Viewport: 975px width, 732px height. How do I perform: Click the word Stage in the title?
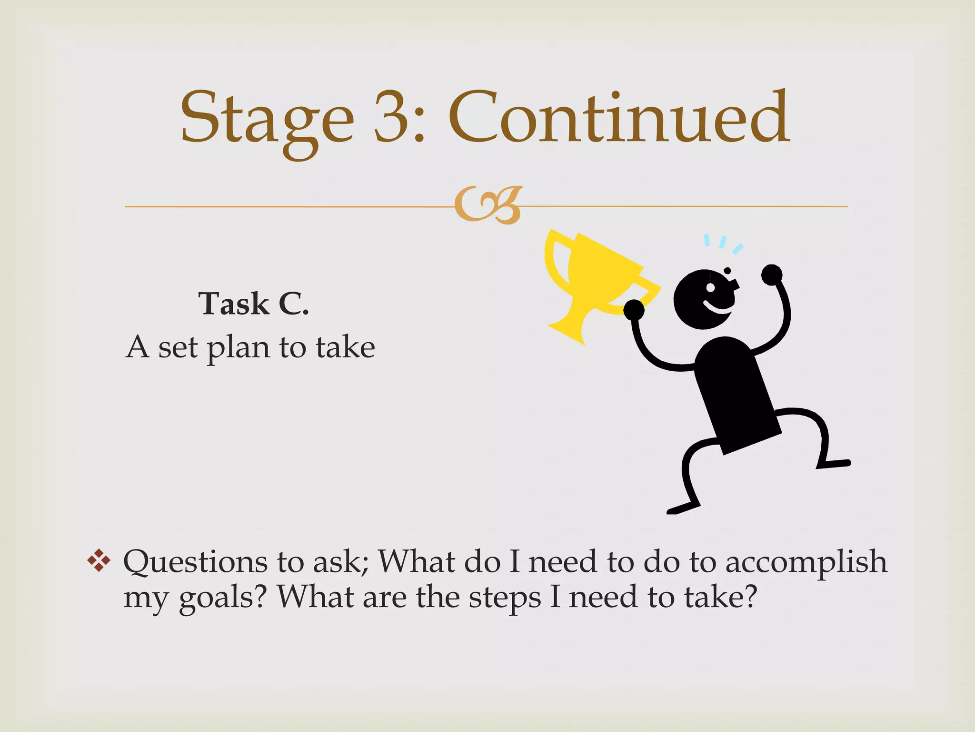pos(267,119)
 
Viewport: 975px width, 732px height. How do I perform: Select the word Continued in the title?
pos(619,117)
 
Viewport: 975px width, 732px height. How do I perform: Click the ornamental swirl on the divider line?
pos(488,205)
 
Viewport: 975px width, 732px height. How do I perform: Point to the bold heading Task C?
pos(253,304)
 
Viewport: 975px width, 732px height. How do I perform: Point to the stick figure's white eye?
pos(710,288)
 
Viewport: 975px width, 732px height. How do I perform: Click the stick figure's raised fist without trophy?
pos(771,275)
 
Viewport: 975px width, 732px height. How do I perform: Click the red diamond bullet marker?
pos(99,561)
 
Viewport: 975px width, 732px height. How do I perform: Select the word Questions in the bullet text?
pos(195,562)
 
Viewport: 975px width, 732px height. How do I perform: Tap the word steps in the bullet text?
pos(505,598)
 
